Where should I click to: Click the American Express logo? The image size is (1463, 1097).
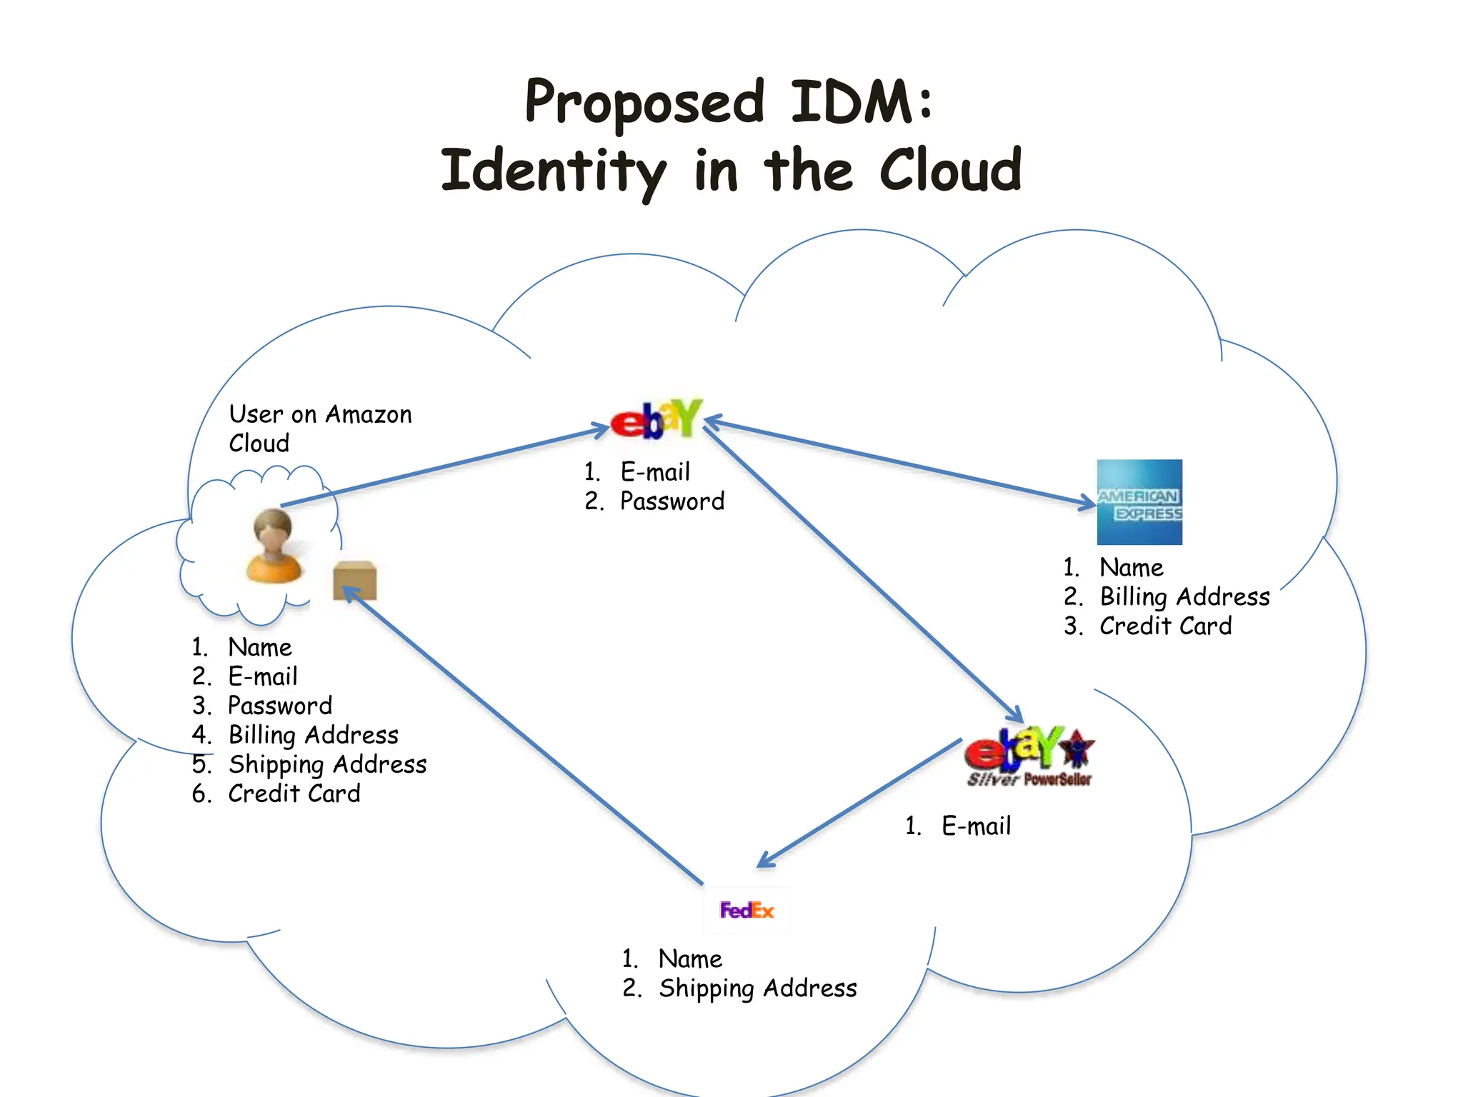pos(1139,502)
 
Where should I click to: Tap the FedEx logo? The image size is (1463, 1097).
pos(747,910)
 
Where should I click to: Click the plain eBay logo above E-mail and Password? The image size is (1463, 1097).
pos(656,419)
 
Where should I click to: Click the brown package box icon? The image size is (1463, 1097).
pos(355,581)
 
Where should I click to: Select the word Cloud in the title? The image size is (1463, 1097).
pos(950,171)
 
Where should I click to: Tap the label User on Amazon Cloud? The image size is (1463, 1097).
pos(319,428)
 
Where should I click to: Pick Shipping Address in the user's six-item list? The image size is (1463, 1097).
pos(327,764)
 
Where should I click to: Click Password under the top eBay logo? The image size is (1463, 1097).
pos(671,501)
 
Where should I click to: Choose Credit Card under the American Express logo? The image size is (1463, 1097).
pos(1165,626)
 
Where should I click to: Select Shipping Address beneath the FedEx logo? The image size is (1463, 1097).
pos(757,988)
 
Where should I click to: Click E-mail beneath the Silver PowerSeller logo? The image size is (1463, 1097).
pos(976,826)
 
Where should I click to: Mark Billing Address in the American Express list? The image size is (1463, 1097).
pos(1184,596)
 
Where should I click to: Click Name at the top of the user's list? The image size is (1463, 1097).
pos(260,647)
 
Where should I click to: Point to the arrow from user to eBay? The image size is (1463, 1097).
pos(443,467)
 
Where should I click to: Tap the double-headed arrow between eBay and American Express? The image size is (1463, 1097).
pos(900,462)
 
